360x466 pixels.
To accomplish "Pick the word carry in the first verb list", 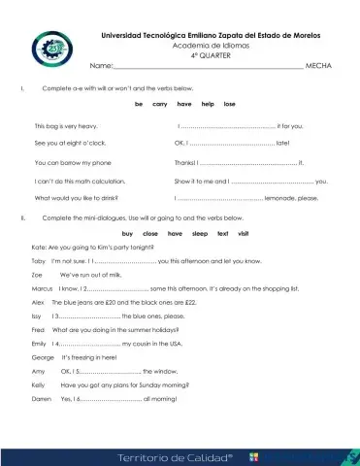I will [x=160, y=103].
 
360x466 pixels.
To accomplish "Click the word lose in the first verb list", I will [x=229, y=103].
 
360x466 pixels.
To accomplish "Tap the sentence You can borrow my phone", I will [x=73, y=162].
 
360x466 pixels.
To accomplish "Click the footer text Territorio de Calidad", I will [x=176, y=454].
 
